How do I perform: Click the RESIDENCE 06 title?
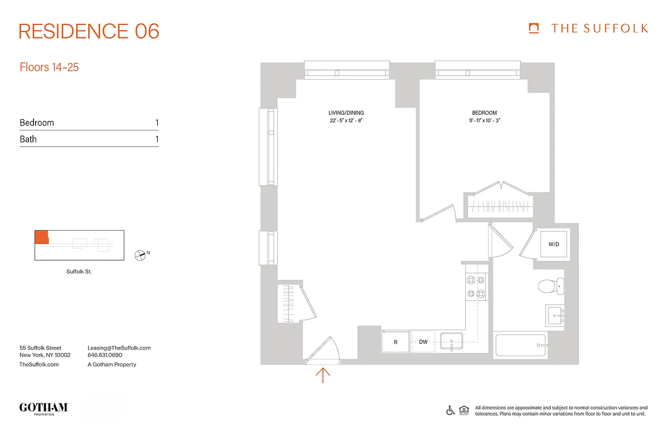coord(89,31)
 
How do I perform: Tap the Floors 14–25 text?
coord(49,68)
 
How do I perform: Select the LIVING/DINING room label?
coord(346,113)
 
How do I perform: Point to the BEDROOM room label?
coord(484,113)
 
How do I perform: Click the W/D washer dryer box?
coord(553,244)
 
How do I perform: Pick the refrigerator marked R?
coord(396,342)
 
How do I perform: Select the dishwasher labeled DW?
coord(424,342)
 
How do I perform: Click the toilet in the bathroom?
coord(552,285)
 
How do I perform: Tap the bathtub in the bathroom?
coord(520,345)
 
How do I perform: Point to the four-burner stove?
coord(476,287)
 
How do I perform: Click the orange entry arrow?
coord(323,375)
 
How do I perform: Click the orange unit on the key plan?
coord(41,237)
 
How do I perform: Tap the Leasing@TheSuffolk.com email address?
coord(119,348)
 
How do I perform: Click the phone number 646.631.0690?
coord(105,356)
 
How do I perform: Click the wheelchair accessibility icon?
coord(450,410)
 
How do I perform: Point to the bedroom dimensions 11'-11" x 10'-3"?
coord(484,121)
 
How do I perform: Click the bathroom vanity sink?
coord(555,315)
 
